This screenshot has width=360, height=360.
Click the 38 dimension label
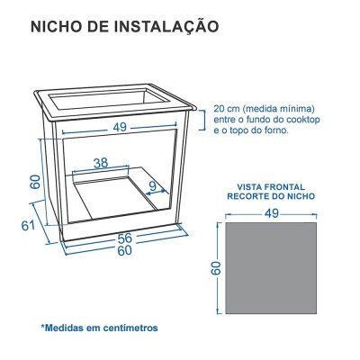pyautogui.click(x=102, y=164)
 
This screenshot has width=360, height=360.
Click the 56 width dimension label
pyautogui.click(x=123, y=238)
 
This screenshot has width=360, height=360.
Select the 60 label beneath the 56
pyautogui.click(x=123, y=250)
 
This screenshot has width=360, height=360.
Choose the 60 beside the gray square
pyautogui.click(x=216, y=269)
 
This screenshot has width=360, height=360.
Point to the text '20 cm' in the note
pyautogui.click(x=226, y=105)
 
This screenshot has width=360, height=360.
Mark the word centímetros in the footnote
pyautogui.click(x=125, y=328)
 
